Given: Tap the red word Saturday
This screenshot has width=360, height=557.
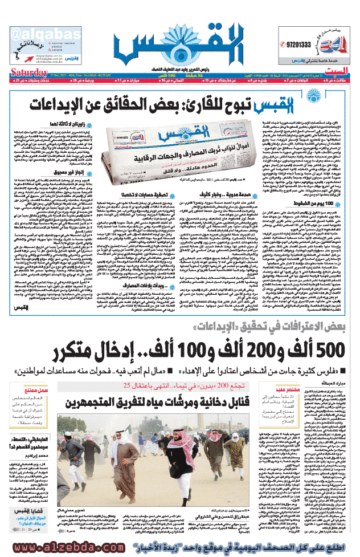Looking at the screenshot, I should pos(29,72).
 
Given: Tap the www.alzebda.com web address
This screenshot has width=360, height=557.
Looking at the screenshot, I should pos(66,546).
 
